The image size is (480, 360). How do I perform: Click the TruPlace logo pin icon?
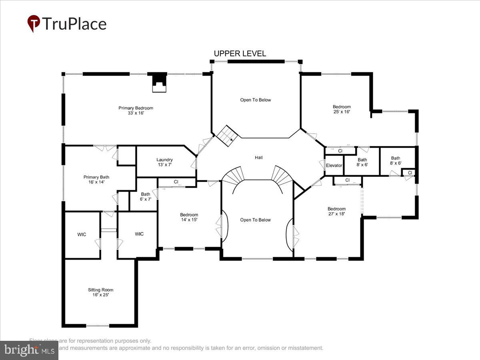tap(34, 24)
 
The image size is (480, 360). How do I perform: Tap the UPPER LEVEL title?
tap(240, 54)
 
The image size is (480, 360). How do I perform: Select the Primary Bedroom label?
tap(136, 110)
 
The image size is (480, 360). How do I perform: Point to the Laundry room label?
tap(164, 162)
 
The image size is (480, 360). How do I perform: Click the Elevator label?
tap(334, 166)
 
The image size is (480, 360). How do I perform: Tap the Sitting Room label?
tap(100, 292)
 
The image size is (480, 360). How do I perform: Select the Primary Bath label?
tap(96, 180)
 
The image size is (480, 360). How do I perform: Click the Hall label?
tap(259, 158)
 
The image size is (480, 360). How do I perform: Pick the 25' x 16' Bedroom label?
tap(342, 109)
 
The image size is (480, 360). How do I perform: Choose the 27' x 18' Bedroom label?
tap(336, 211)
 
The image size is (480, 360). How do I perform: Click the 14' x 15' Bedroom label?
tap(189, 217)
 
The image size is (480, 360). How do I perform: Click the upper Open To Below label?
tap(255, 100)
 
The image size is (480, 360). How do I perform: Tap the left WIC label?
tap(82, 234)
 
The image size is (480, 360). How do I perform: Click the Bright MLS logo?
tap(29, 350)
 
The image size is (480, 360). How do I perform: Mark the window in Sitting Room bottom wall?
tap(98, 326)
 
